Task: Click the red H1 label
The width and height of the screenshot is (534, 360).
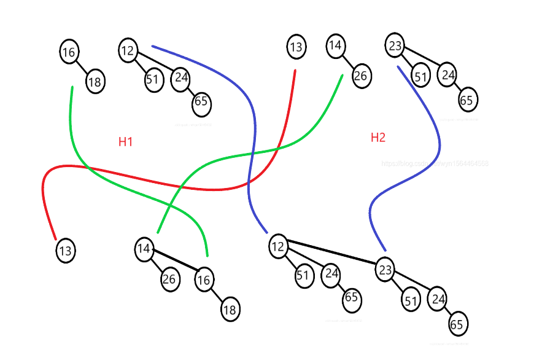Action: click(125, 142)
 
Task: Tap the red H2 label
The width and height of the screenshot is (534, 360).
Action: click(377, 138)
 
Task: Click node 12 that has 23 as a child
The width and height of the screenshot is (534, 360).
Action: click(278, 246)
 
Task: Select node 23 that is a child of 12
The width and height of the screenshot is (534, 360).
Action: click(384, 270)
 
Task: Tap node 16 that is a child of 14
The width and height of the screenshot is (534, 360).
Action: click(204, 280)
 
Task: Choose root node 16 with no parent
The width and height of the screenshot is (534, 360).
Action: click(69, 52)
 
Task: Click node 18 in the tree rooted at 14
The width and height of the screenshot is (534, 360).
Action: click(230, 310)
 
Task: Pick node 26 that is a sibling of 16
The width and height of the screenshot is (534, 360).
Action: click(169, 280)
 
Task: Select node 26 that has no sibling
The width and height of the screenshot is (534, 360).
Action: click(361, 76)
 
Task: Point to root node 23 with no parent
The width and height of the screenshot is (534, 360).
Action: click(395, 45)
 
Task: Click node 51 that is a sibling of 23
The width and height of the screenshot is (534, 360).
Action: click(303, 275)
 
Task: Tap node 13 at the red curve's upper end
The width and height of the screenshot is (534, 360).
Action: click(296, 47)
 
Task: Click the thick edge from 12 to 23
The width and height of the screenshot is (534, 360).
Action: click(331, 254)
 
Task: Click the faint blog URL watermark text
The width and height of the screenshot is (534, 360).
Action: click(435, 164)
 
